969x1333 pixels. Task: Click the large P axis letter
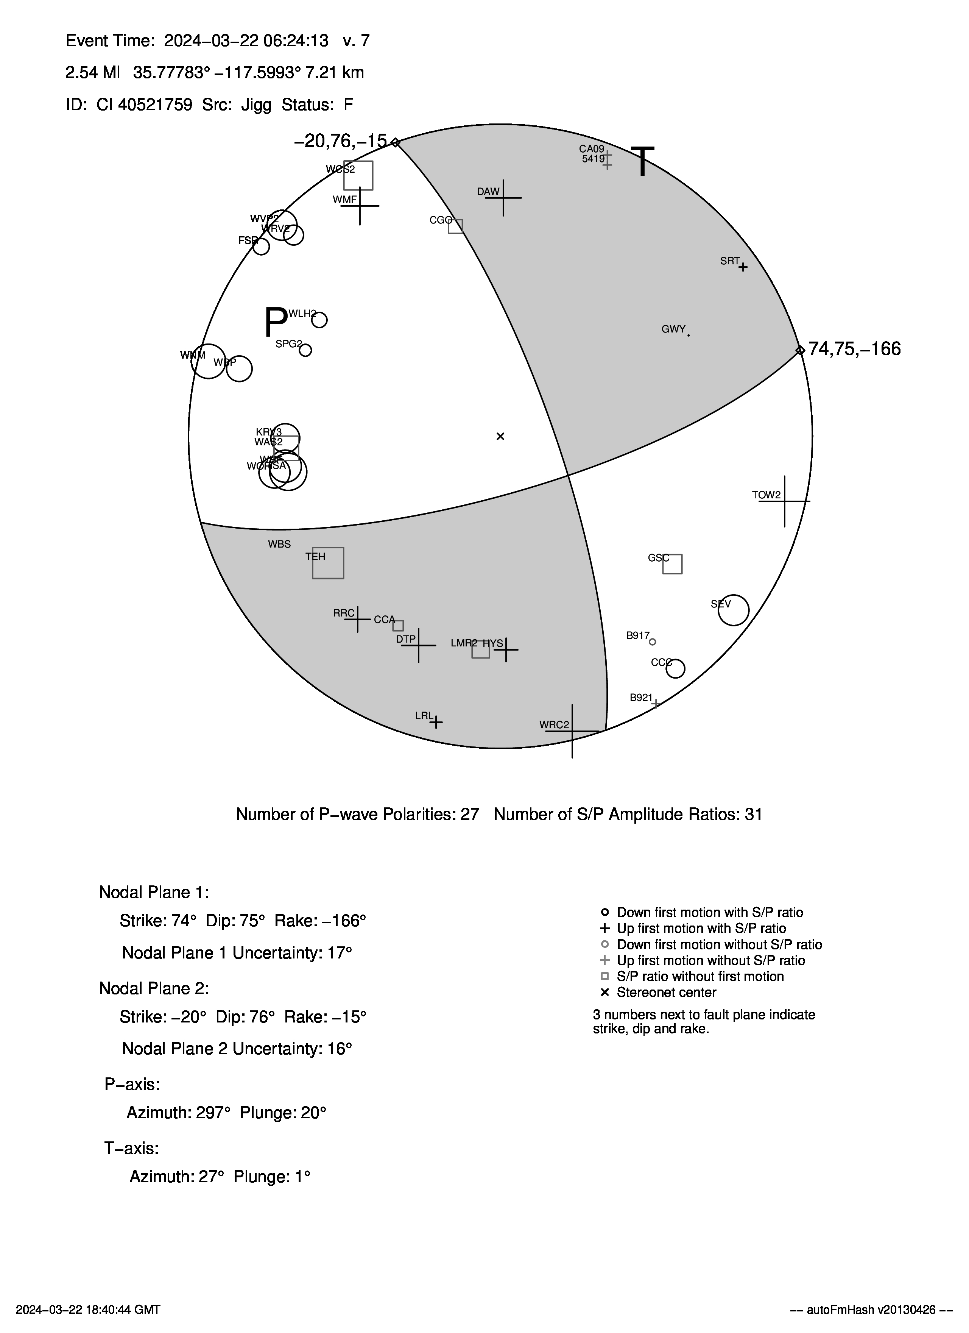pyautogui.click(x=275, y=322)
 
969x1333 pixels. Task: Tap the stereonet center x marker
pyautogui.click(x=501, y=436)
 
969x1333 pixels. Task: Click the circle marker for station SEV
pyautogui.click(x=733, y=610)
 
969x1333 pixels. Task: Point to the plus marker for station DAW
pyautogui.click(x=503, y=197)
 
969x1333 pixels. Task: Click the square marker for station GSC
pyautogui.click(x=672, y=563)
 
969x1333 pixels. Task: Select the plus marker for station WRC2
pyautogui.click(x=572, y=731)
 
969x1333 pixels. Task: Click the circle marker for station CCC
pyautogui.click(x=676, y=668)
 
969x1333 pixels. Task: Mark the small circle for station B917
pyautogui.click(x=652, y=642)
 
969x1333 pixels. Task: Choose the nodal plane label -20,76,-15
pyautogui.click(x=341, y=141)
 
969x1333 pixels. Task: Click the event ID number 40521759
pyautogui.click(x=155, y=105)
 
